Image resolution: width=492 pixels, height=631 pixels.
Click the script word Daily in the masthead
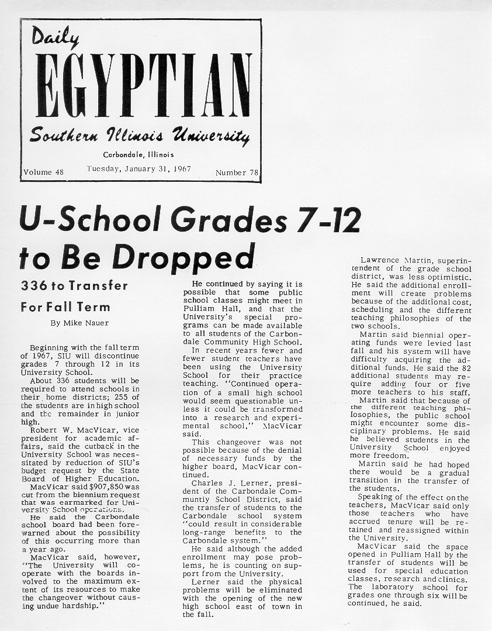(56, 39)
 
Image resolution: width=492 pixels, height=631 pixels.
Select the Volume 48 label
(43, 173)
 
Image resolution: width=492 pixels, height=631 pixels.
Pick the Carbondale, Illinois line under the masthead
(138, 155)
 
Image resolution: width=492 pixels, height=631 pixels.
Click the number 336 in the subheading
(33, 286)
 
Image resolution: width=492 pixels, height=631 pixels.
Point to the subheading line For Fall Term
(65, 306)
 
